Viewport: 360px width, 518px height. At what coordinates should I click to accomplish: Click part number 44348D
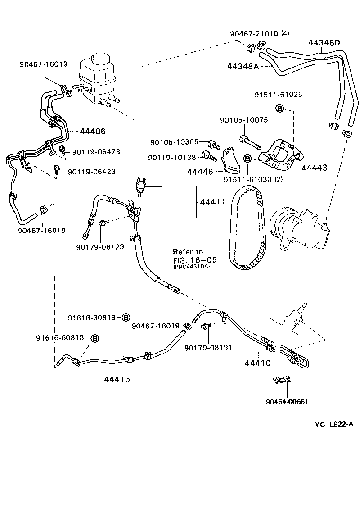click(324, 43)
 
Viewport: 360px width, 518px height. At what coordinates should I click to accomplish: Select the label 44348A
click(243, 66)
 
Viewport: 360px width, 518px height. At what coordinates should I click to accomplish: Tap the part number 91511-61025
click(278, 95)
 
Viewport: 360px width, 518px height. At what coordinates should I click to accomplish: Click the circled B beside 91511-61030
click(247, 159)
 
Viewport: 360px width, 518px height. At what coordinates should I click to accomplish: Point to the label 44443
click(314, 168)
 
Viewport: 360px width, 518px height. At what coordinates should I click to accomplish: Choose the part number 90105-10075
click(244, 120)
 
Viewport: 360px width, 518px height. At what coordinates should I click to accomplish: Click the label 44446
click(200, 172)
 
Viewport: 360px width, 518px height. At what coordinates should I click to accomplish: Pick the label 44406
click(92, 131)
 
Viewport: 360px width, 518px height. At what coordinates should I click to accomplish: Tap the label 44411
click(212, 202)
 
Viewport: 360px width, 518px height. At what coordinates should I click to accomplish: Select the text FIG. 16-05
click(195, 259)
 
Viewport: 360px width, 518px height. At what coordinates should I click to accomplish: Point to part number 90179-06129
click(100, 247)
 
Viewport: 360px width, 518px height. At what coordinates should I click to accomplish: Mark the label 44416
click(117, 379)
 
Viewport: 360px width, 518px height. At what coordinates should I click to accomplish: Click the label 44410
click(257, 363)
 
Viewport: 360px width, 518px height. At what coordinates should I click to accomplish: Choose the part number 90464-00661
click(287, 402)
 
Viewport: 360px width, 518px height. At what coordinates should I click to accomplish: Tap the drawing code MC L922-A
click(333, 424)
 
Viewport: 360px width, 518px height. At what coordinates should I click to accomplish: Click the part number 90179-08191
click(208, 348)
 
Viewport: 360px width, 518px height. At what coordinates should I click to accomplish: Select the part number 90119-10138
click(172, 158)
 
